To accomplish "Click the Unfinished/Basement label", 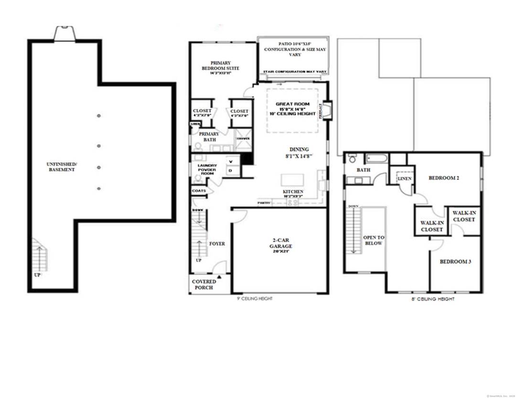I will pyautogui.click(x=62, y=167).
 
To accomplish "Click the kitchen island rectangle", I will pyautogui.click(x=292, y=179).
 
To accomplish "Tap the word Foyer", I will pyautogui.click(x=217, y=244).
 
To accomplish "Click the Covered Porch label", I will pyautogui.click(x=204, y=284).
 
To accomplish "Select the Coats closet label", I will pyautogui.click(x=199, y=191).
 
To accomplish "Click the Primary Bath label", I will pyautogui.click(x=209, y=137).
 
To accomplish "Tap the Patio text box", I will pyautogui.click(x=292, y=49).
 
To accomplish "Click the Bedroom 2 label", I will pyautogui.click(x=443, y=178).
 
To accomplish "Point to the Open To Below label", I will pyautogui.click(x=374, y=240).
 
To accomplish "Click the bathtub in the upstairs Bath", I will pyautogui.click(x=377, y=158).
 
